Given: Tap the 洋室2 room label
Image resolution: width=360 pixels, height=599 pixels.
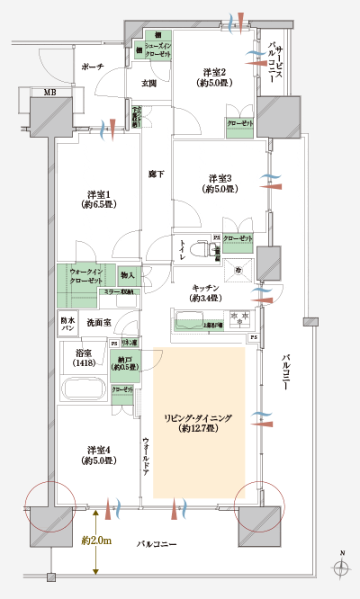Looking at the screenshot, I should pos(215,77).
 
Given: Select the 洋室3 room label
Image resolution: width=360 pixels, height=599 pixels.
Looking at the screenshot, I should pos(220,183).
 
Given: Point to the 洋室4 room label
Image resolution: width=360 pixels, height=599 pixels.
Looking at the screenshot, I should pos(100,454).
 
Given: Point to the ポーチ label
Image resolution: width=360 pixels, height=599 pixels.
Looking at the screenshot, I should pos(92,67).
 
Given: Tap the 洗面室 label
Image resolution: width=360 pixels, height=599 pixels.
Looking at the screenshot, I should pos(99,321).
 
